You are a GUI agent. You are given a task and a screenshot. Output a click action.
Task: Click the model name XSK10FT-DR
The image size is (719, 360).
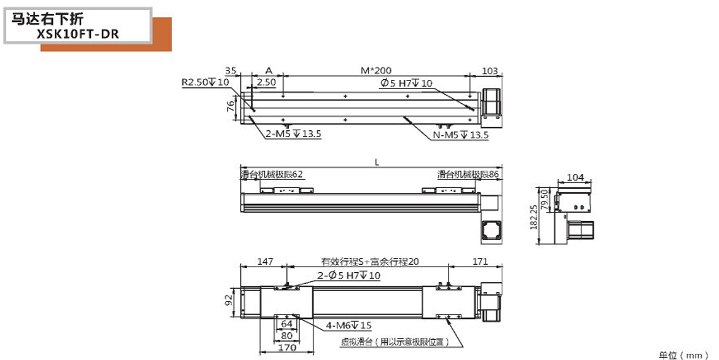click(x=78, y=33)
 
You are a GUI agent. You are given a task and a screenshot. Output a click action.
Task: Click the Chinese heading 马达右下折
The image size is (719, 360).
click(x=48, y=18)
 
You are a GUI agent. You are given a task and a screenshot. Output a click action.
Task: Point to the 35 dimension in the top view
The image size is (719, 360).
click(x=230, y=71)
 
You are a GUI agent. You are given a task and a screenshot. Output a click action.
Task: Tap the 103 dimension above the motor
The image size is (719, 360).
click(x=490, y=71)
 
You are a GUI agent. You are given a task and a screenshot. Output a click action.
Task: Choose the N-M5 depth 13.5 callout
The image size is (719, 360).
click(x=461, y=135)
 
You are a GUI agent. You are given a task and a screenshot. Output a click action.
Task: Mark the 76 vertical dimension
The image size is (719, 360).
click(x=231, y=106)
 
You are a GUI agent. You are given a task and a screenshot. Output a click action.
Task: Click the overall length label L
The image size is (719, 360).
click(x=377, y=162)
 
